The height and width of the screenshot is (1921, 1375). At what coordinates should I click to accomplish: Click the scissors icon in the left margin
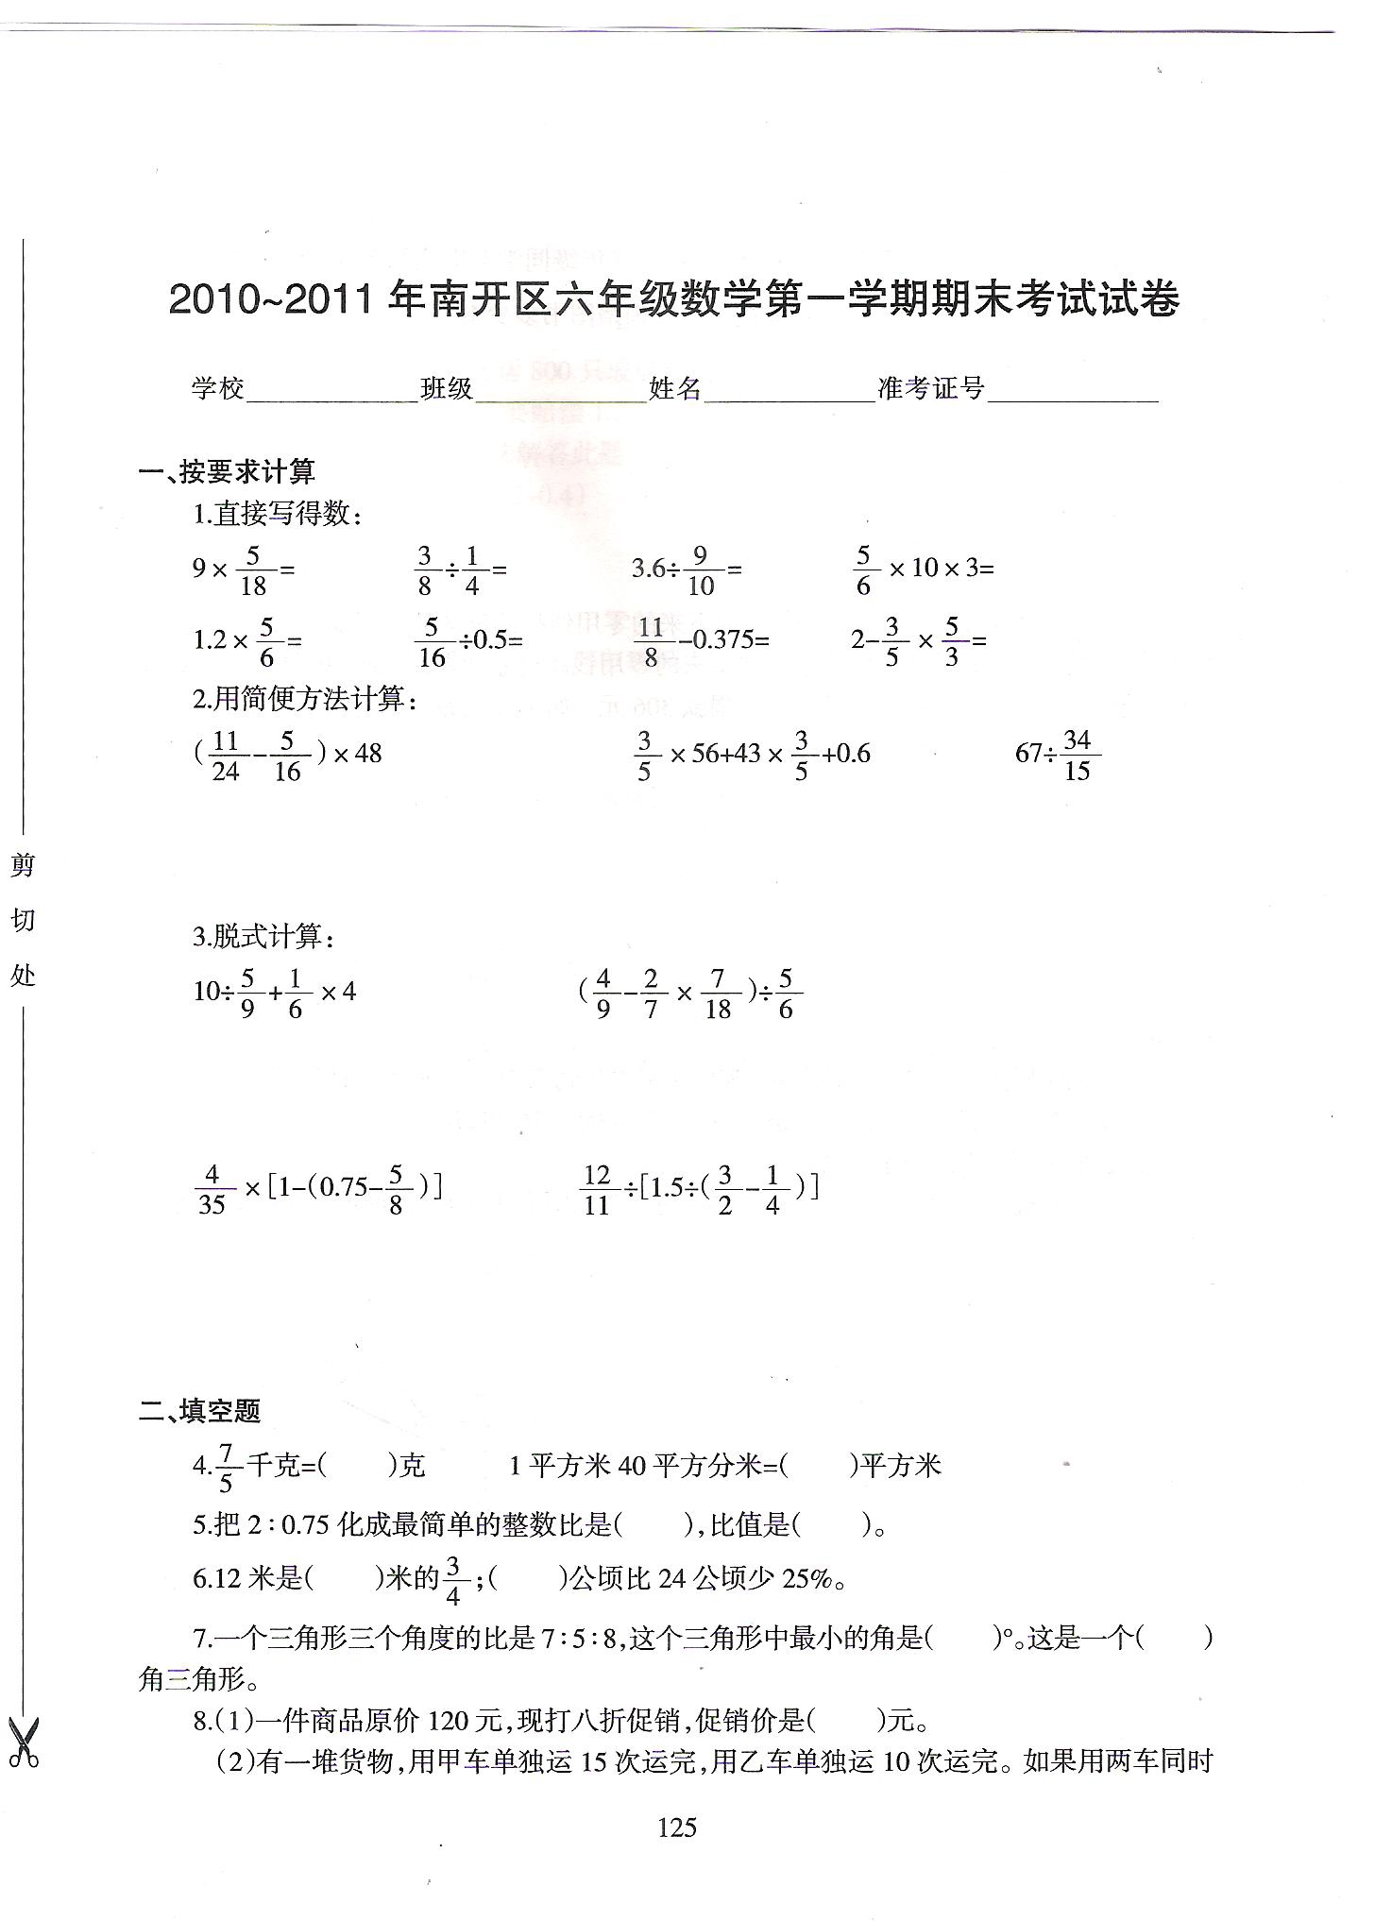coord(24,1743)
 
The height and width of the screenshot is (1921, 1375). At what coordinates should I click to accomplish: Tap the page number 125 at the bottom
coord(677,1827)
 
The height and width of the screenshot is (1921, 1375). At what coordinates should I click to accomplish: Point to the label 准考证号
coord(931,387)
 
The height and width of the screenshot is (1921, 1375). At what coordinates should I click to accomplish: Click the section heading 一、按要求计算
coord(227,471)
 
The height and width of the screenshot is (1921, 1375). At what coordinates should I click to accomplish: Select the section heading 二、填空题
coord(199,1411)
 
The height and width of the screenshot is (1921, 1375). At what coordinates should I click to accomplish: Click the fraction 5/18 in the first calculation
coord(253,569)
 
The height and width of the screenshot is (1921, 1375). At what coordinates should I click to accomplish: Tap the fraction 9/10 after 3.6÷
coord(700,569)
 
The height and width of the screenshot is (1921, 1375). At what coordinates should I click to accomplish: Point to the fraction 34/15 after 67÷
coord(1077,755)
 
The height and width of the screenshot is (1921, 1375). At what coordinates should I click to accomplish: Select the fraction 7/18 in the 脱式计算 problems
coord(718,994)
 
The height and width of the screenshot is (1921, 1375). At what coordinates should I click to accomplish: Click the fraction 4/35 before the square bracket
coord(212,1188)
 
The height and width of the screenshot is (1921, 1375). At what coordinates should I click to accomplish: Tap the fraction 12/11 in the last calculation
coord(597,1188)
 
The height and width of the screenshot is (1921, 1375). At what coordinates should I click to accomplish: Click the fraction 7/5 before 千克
coord(225,1467)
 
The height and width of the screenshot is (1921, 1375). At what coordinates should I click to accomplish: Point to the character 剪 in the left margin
coord(22,864)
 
